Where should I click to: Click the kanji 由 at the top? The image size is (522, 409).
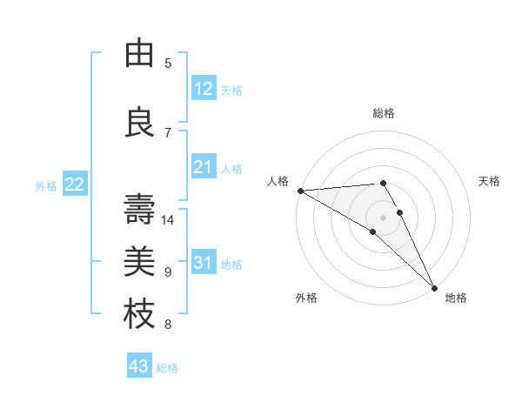click(x=139, y=54)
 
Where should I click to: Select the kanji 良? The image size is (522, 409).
click(x=139, y=122)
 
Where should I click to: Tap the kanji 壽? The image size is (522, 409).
click(x=139, y=209)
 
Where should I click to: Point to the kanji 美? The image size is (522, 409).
click(x=139, y=260)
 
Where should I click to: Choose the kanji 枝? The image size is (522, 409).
click(x=139, y=312)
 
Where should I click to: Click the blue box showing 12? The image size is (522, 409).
click(x=204, y=89)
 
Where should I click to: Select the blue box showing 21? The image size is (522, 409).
click(x=204, y=167)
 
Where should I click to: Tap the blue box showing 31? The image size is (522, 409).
click(x=204, y=263)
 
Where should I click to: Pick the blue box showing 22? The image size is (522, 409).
click(x=75, y=184)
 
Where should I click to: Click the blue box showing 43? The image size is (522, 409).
click(x=139, y=366)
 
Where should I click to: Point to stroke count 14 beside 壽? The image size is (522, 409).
click(x=169, y=220)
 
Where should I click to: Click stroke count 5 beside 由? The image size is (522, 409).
click(x=168, y=64)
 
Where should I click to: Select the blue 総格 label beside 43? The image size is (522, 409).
click(x=167, y=368)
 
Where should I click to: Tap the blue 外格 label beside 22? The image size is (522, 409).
click(x=46, y=186)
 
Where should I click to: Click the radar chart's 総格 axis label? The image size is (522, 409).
click(x=384, y=113)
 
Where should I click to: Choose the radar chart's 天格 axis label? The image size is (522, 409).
click(x=490, y=181)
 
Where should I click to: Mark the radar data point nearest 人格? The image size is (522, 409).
click(x=300, y=191)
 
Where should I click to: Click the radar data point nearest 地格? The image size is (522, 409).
click(x=434, y=286)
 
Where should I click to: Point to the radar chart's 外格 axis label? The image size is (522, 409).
click(x=306, y=298)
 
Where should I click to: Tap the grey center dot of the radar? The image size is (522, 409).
click(x=383, y=218)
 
